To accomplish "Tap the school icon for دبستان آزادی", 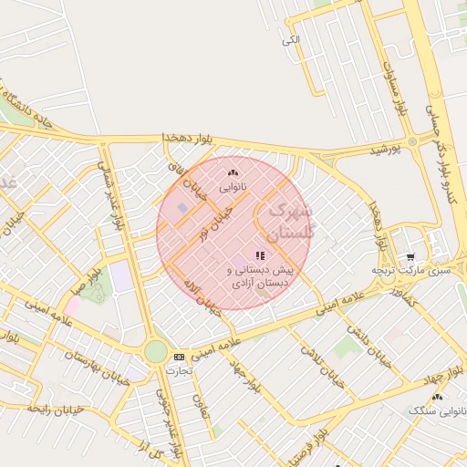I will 260,256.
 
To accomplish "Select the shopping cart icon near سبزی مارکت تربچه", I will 410,257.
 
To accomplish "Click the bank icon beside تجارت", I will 178,357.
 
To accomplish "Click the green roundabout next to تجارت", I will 156,351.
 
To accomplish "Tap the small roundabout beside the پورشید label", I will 413,141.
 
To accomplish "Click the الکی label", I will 291,39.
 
